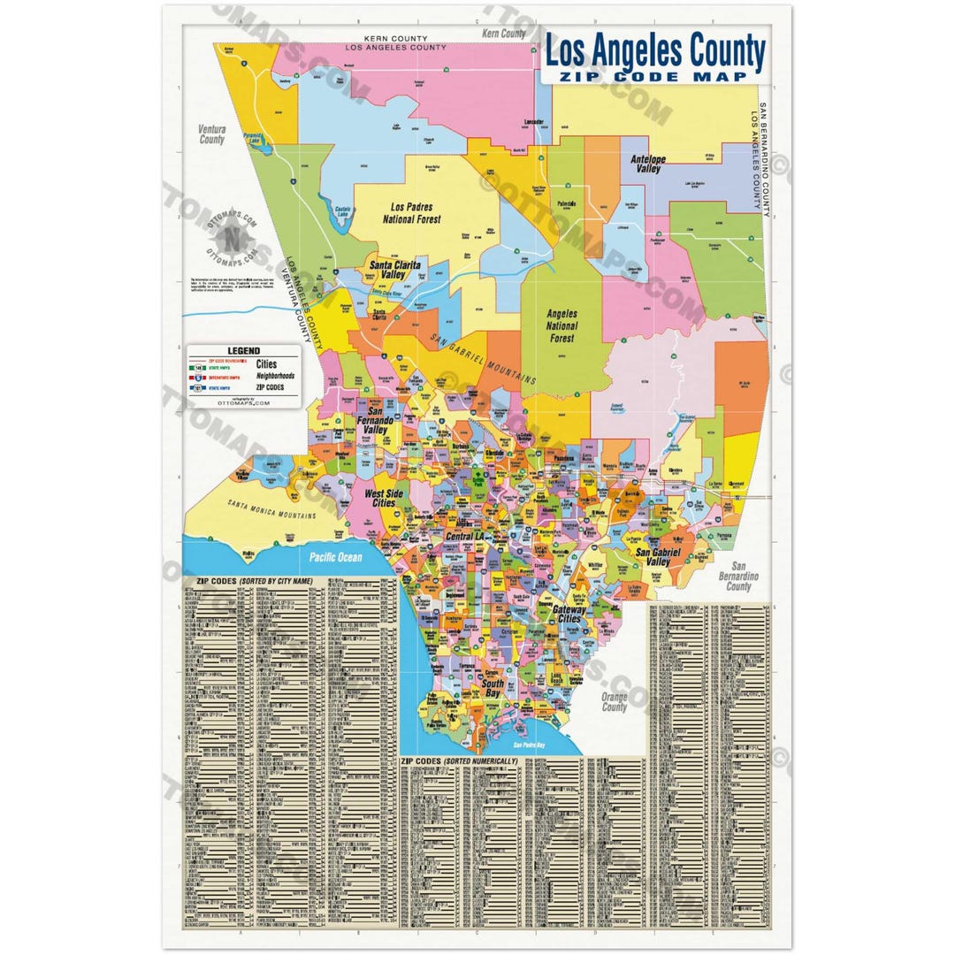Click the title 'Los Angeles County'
(x=654, y=52)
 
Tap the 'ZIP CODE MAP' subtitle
(x=654, y=77)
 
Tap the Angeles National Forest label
(x=562, y=325)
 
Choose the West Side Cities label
(x=382, y=498)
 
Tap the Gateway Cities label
(x=570, y=614)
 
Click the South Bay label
(x=493, y=689)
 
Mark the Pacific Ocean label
(x=335, y=557)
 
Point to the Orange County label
(x=614, y=702)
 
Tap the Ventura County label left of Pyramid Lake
(x=212, y=134)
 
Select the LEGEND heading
(x=244, y=351)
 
